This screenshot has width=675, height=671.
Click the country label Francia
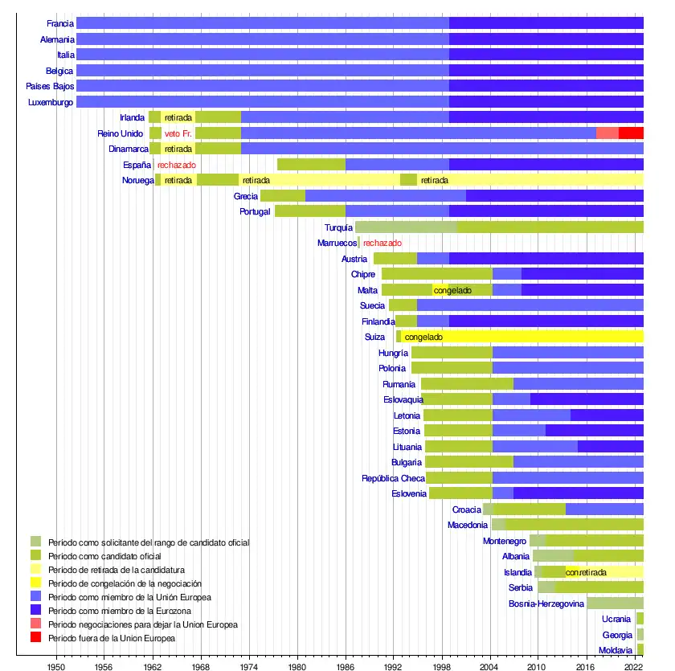(x=61, y=23)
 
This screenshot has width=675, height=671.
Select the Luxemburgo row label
(x=51, y=102)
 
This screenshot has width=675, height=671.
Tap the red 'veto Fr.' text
(x=178, y=133)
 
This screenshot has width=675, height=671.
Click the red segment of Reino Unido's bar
(x=631, y=133)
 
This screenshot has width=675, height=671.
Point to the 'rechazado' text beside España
(x=177, y=165)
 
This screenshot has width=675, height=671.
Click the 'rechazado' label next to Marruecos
(x=382, y=243)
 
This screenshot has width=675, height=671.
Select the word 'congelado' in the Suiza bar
(x=423, y=337)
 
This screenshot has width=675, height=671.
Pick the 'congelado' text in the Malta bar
(x=452, y=290)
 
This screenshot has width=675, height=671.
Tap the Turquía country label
(x=339, y=227)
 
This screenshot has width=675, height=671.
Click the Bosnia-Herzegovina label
(x=546, y=603)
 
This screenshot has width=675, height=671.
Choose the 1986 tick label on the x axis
(x=346, y=666)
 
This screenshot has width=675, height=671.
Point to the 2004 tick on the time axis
(x=490, y=666)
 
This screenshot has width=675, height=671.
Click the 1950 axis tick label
(x=56, y=666)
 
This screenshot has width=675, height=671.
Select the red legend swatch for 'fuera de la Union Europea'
(x=35, y=638)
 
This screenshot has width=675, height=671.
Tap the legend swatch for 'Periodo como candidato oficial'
(x=35, y=556)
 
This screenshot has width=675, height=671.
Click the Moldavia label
(x=616, y=650)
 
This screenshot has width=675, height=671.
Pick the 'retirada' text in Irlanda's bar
(x=178, y=118)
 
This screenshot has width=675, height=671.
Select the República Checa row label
(x=393, y=478)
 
